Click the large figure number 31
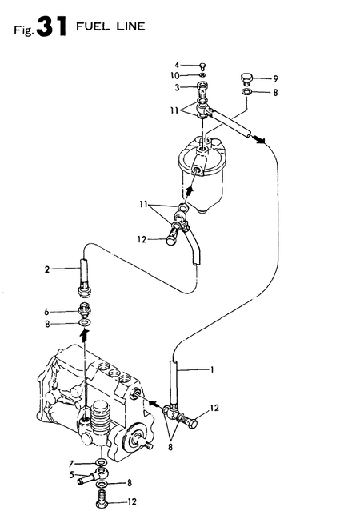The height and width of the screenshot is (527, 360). [52, 27]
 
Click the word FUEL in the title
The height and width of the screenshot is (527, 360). [89, 26]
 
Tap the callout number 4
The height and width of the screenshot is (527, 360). [177, 65]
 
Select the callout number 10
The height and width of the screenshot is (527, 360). [174, 76]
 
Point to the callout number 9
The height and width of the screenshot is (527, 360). [275, 79]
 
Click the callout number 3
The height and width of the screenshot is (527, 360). [177, 87]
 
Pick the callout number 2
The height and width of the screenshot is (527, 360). [47, 269]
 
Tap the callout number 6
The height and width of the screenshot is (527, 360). [46, 312]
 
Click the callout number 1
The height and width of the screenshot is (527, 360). [212, 369]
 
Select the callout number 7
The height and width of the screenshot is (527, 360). [71, 464]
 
